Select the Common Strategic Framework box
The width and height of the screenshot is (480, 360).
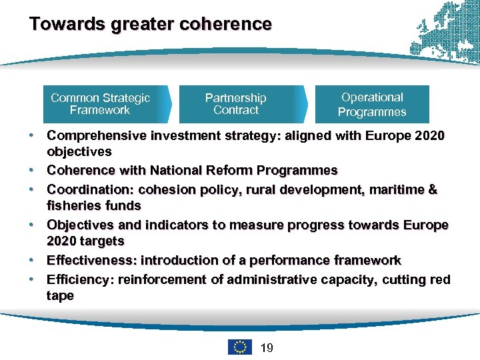[101, 104]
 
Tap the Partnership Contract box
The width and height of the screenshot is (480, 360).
[235, 104]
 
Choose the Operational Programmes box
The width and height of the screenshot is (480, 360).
[372, 105]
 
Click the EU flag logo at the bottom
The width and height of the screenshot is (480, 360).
[240, 347]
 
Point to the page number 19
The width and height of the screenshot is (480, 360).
[267, 347]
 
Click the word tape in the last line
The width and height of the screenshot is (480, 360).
[60, 295]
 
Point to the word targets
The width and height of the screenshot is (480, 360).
[101, 241]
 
